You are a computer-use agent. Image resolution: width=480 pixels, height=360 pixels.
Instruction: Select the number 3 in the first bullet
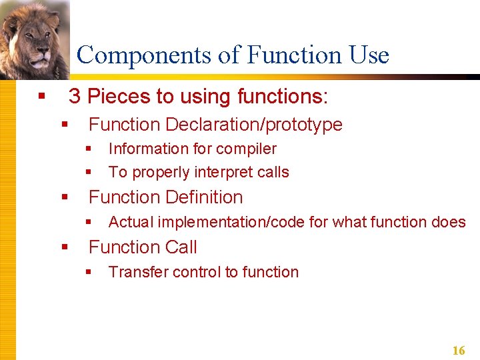pyautogui.click(x=75, y=97)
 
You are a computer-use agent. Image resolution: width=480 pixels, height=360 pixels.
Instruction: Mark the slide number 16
pyautogui.click(x=459, y=351)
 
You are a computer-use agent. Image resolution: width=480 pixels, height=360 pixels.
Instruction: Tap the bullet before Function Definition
pyautogui.click(x=65, y=198)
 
